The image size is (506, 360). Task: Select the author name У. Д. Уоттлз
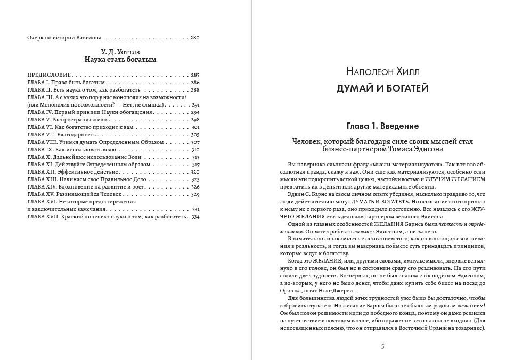pos(120,52)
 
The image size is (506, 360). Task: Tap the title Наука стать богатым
pos(120,60)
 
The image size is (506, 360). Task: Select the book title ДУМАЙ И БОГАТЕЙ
pos(382,88)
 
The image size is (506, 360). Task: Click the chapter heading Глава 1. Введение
pos(382,126)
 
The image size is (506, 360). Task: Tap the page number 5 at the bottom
pos(382,347)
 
